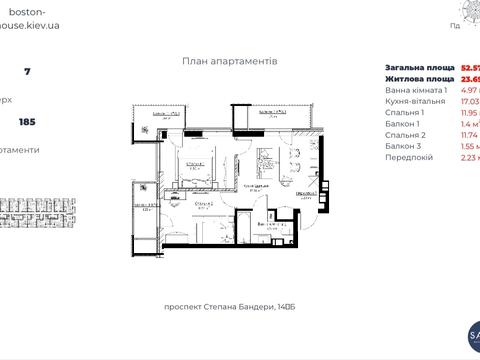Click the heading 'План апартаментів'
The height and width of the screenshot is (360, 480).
[230, 61]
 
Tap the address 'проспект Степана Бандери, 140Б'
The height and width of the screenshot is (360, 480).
[230, 307]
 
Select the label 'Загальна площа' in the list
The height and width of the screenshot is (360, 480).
[414, 67]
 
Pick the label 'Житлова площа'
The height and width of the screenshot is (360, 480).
[413, 78]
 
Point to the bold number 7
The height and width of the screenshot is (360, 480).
[27, 72]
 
